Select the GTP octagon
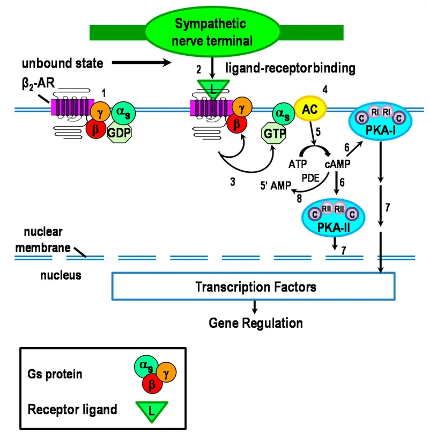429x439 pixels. [273, 133]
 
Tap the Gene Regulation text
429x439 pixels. [255, 323]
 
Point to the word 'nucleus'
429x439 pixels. [61, 275]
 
